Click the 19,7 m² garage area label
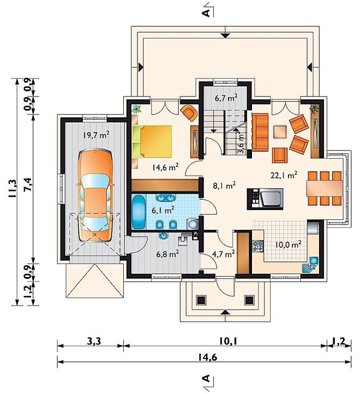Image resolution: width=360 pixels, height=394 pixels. pyautogui.click(x=96, y=135)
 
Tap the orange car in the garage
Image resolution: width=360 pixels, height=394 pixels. pyautogui.click(x=95, y=195)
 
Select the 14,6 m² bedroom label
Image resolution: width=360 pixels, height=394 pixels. pyautogui.click(x=165, y=167)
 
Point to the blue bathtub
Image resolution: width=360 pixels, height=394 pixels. pyautogui.click(x=139, y=212)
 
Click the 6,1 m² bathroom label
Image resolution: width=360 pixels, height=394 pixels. pyautogui.click(x=163, y=210)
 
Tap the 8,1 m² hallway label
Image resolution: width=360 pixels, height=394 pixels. pyautogui.click(x=224, y=186)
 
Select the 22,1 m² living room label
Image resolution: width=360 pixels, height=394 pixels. pyautogui.click(x=284, y=175)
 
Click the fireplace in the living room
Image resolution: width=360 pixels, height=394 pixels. pyautogui.click(x=265, y=199)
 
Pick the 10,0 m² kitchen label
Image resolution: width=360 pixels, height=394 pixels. pyautogui.click(x=288, y=244)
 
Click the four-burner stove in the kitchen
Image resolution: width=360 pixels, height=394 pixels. pyautogui.click(x=258, y=246)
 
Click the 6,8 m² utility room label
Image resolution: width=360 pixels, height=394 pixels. pyautogui.click(x=167, y=254)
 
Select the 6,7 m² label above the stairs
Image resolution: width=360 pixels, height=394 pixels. pyautogui.click(x=226, y=98)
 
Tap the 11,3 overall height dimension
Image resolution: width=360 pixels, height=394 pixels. pyautogui.click(x=13, y=188)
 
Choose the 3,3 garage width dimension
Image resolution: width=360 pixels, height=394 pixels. pyautogui.click(x=94, y=342)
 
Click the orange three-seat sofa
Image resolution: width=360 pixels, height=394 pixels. pyautogui.click(x=260, y=132)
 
